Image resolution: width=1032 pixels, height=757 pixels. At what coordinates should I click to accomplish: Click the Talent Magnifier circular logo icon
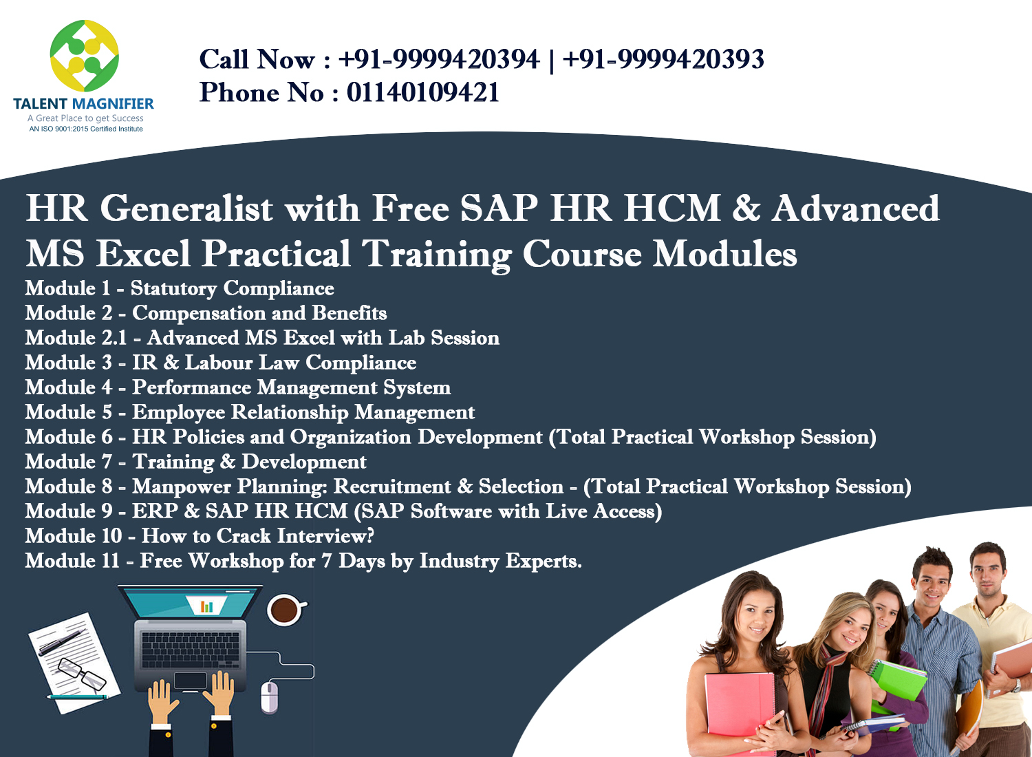click(x=84, y=56)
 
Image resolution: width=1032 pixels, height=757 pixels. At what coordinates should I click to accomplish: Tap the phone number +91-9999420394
click(x=438, y=60)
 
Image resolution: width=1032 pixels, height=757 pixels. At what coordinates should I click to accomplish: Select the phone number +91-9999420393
click(x=663, y=60)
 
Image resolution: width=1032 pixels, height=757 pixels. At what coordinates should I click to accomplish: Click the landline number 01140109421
click(x=422, y=93)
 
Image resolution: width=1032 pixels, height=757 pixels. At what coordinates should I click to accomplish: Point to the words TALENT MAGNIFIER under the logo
click(x=83, y=104)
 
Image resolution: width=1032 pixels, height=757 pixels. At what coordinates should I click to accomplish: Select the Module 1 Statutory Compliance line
click(x=180, y=288)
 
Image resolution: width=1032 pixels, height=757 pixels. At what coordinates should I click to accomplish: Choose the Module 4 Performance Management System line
click(x=237, y=387)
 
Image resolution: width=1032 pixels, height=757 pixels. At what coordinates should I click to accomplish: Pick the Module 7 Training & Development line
click(x=195, y=462)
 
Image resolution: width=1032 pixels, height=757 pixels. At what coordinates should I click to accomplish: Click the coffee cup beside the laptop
click(x=285, y=609)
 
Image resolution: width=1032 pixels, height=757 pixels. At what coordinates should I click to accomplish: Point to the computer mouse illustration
click(x=269, y=697)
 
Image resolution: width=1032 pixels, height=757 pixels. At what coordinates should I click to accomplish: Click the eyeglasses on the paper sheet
click(x=81, y=673)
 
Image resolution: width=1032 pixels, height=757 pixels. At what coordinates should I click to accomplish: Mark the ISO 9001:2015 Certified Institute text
click(x=86, y=129)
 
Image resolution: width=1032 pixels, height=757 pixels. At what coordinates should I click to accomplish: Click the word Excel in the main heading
click(x=143, y=254)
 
